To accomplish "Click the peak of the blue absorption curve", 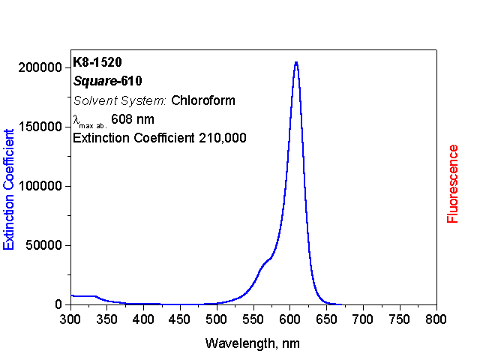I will pos(296,62).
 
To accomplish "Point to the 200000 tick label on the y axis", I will pos(39,67).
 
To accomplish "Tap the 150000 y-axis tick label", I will pos(39,127).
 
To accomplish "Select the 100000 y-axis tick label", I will pos(39,186).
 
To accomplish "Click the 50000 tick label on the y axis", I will pos(42,245).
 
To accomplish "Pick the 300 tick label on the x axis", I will pos(70,319).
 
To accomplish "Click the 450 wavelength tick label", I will pos(180,319).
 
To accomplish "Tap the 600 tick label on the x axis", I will pos(289,319).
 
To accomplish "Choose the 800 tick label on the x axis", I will pos(436,319).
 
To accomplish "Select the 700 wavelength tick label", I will pos(363,319).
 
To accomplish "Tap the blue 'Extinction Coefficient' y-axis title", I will pos(10,188).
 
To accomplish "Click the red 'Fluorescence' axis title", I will pos(453,184).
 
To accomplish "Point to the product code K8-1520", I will pos(97,61).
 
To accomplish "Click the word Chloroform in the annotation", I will pos(203,100).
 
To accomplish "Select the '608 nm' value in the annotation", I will pos(132,118).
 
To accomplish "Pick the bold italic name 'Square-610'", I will pos(108,80).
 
